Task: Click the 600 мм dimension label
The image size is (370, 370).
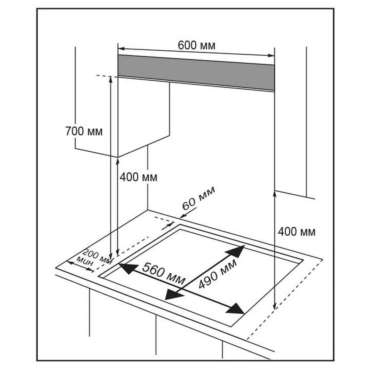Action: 196,46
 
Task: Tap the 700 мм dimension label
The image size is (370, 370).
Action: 84,131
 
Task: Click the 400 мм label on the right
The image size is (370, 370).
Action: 296,232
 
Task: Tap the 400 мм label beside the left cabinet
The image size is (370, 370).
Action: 138,177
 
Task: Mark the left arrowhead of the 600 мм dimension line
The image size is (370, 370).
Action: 121,48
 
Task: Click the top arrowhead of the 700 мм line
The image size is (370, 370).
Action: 111,79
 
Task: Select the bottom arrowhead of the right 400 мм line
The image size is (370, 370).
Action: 274,306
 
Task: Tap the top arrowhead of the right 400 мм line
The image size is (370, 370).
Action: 274,192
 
